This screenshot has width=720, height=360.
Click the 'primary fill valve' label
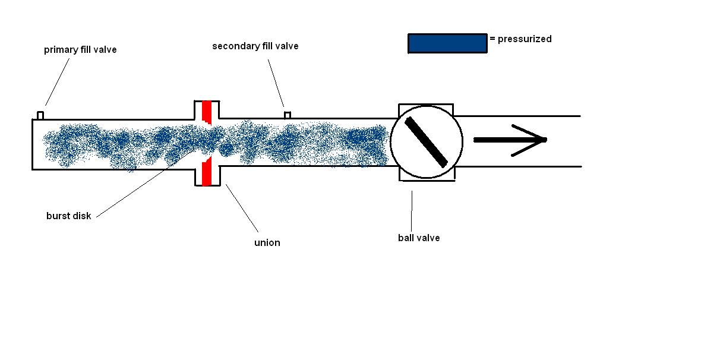point(80,50)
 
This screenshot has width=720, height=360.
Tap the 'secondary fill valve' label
point(255,46)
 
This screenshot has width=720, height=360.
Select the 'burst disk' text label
point(69,216)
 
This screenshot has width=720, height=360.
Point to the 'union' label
point(267,242)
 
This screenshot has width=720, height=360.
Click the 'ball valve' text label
point(419,238)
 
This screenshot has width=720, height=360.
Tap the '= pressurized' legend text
point(521,39)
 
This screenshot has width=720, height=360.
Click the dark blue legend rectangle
point(447,43)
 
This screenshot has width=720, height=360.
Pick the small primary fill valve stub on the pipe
point(40,115)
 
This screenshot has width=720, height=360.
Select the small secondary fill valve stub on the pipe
point(287,114)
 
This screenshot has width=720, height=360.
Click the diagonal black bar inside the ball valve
point(426,141)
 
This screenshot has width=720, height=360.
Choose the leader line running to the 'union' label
point(242,208)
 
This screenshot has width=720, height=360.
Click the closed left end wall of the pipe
point(33,144)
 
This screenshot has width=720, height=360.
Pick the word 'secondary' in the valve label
point(235,46)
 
